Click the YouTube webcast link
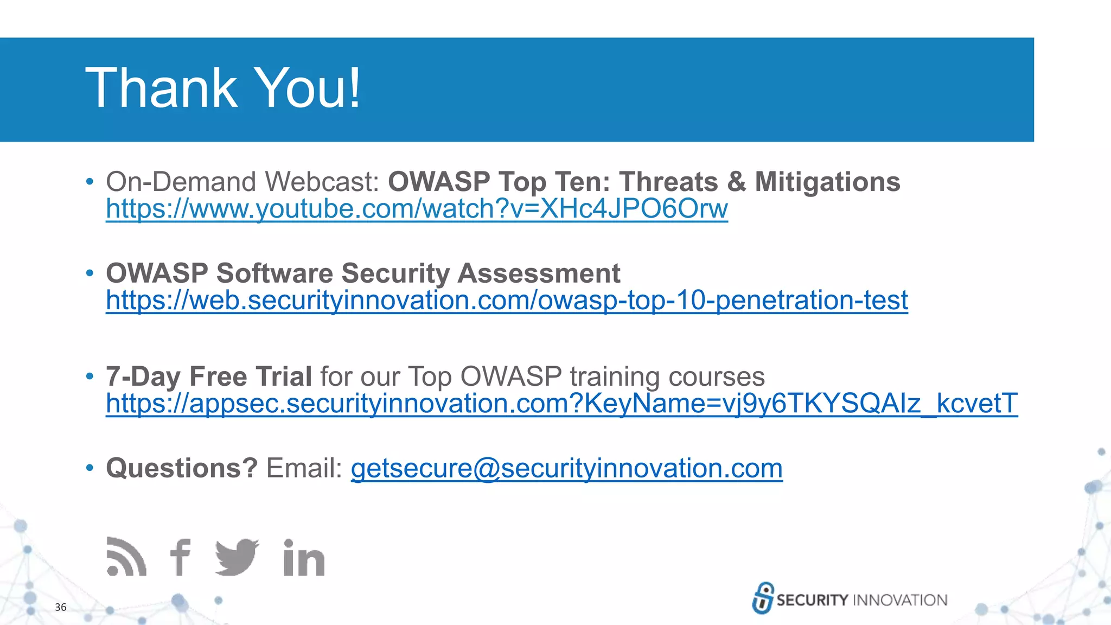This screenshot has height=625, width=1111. click(x=417, y=209)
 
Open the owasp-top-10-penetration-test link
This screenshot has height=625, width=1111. click(x=507, y=301)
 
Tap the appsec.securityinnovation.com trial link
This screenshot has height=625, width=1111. click(x=561, y=404)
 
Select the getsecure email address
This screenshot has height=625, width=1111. click(x=566, y=469)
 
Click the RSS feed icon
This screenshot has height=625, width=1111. click(x=126, y=557)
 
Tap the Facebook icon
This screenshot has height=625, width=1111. click(x=180, y=557)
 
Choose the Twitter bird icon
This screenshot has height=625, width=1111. click(x=237, y=557)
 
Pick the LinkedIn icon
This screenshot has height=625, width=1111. click(x=304, y=558)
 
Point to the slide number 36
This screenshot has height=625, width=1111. click(x=61, y=607)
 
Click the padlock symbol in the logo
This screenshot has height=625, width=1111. click(x=763, y=598)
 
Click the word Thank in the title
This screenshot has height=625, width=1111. click(x=161, y=88)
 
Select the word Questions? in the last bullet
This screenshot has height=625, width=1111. click(x=182, y=468)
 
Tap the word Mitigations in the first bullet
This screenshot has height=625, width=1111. click(x=827, y=182)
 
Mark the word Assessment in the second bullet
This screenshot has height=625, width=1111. click(x=539, y=273)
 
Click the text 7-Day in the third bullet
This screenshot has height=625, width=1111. click(x=143, y=377)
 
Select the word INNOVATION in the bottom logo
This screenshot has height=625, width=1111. click(x=900, y=600)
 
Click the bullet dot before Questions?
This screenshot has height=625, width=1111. click(x=90, y=468)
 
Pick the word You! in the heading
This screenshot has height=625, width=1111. click(x=307, y=88)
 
